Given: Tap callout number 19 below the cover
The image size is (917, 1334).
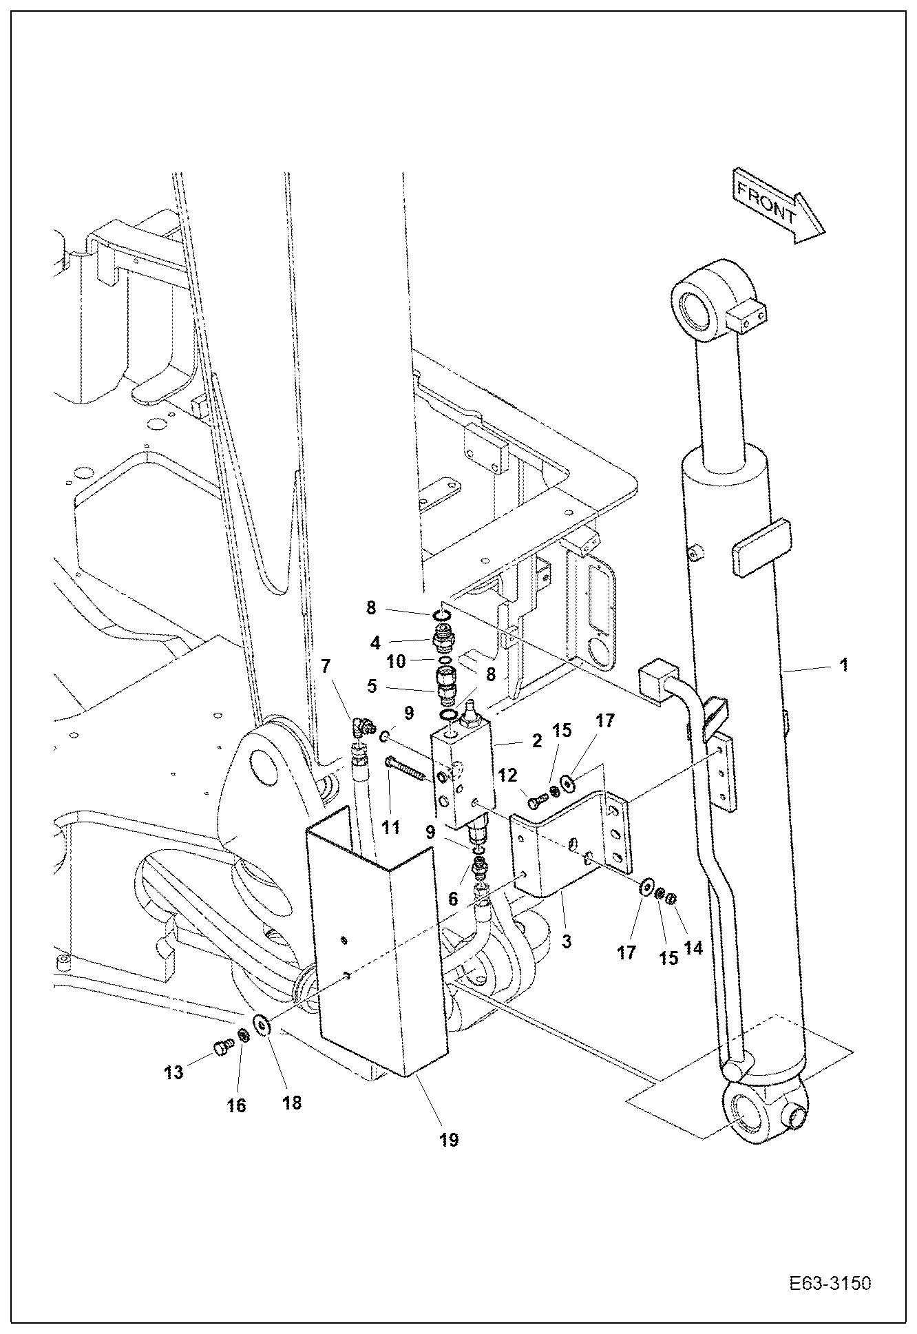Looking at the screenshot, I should pos(448,1140).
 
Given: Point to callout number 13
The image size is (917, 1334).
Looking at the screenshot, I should pos(173,1072).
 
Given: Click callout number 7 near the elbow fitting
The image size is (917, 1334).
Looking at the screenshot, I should pos(326,666).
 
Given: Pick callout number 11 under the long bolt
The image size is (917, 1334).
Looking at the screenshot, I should pos(391,826).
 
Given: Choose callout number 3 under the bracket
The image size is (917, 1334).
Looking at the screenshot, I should pos(566,941).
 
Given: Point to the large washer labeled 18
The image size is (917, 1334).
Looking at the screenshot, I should pos(262,1025).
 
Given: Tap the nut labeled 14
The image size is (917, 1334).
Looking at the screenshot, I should pos(673,897).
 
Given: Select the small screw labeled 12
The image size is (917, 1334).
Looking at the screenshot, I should pos(538,800).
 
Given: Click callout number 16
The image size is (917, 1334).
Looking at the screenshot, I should pos(236,1105).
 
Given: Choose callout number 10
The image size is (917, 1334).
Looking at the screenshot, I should pos(396,662).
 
